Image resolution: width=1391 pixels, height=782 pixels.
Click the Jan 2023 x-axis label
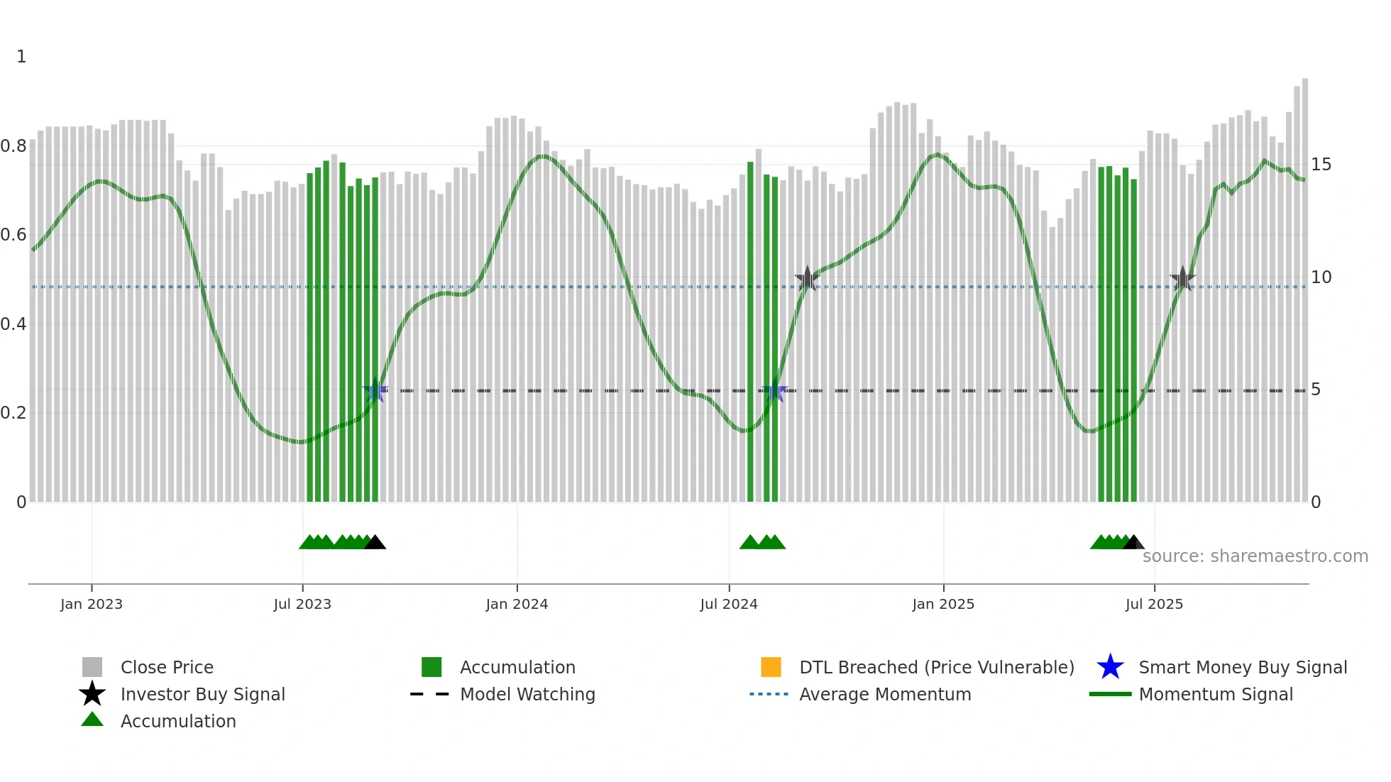tap(92, 604)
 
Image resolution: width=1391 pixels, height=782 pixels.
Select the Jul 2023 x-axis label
tap(302, 604)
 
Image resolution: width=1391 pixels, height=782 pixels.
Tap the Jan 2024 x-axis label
tap(517, 604)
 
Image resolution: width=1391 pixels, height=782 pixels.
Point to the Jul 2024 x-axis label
tap(729, 604)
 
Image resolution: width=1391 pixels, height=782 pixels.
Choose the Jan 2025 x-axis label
tap(943, 604)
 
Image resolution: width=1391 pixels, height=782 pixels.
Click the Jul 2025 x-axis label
tap(1154, 604)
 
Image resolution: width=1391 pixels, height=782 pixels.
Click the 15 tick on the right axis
tap(1321, 165)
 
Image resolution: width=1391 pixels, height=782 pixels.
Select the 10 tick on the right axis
tap(1321, 277)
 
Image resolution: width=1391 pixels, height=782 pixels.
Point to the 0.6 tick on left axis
tap(13, 235)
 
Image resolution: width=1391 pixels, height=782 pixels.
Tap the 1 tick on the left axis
tap(21, 57)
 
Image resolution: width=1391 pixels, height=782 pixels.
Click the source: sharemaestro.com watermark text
tap(1255, 556)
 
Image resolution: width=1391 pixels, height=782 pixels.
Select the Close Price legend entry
tap(167, 667)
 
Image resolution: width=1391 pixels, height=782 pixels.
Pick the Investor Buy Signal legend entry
tap(202, 694)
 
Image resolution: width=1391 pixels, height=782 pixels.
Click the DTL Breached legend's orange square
tap(771, 667)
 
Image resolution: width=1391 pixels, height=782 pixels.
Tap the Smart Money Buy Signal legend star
tap(1110, 667)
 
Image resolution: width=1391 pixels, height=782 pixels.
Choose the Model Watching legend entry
tap(527, 694)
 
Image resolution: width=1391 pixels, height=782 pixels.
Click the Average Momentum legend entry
tap(885, 694)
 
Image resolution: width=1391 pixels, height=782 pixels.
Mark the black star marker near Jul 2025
tap(1182, 280)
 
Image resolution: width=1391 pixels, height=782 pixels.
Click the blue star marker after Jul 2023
tap(375, 390)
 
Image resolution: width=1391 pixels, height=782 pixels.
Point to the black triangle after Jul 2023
tap(375, 543)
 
